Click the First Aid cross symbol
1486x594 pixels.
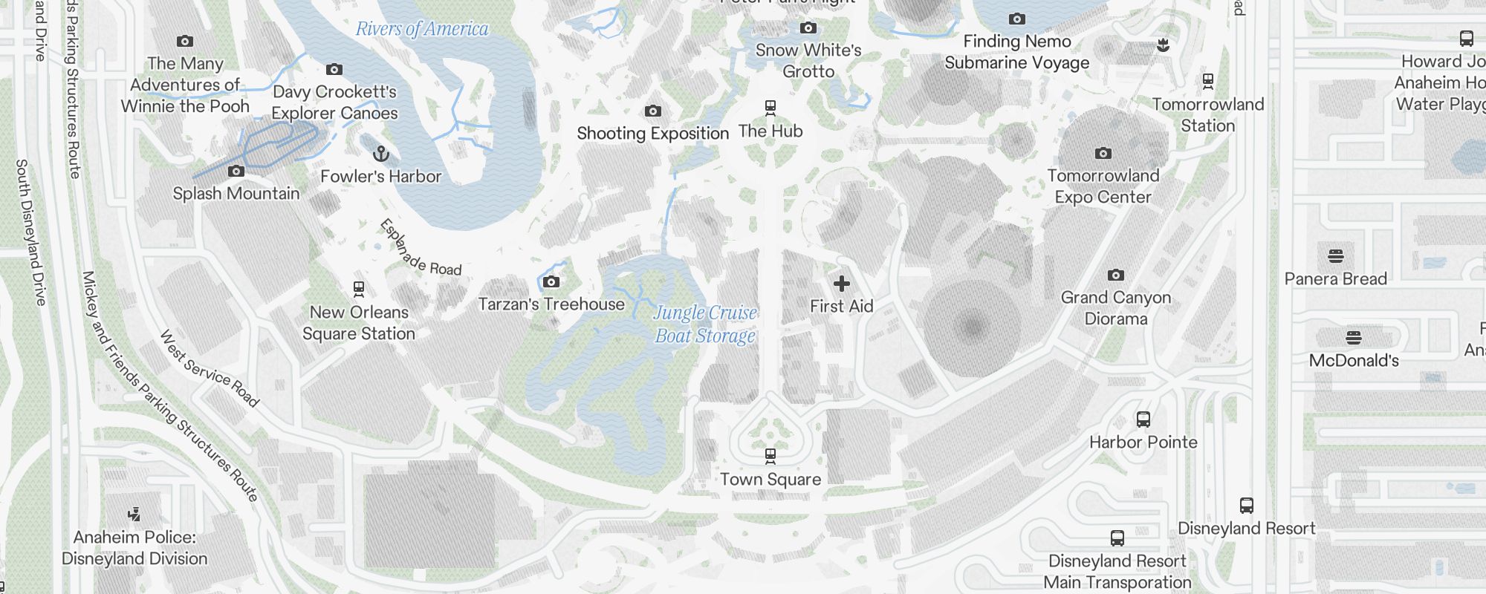click(x=841, y=284)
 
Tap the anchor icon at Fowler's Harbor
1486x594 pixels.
click(x=380, y=154)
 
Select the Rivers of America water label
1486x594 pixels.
click(x=422, y=29)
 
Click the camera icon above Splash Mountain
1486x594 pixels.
click(x=236, y=171)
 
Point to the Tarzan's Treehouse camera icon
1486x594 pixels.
click(x=551, y=281)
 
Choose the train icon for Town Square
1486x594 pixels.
click(x=770, y=455)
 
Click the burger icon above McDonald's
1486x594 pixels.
click(x=1353, y=338)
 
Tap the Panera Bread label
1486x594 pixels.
click(x=1335, y=278)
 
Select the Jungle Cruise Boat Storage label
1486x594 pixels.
click(x=704, y=324)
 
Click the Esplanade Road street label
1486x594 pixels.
click(x=421, y=248)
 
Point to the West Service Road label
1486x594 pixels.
click(x=210, y=369)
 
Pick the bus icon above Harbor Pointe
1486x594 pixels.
click(x=1143, y=420)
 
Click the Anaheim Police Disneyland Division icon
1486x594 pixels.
click(x=134, y=514)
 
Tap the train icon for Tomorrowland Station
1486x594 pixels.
click(x=1208, y=81)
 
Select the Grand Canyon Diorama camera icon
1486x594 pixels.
click(x=1115, y=275)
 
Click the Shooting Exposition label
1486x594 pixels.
click(x=652, y=134)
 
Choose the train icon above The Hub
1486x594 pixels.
click(x=770, y=108)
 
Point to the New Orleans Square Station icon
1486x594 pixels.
click(x=359, y=289)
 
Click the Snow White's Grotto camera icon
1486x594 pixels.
click(x=808, y=28)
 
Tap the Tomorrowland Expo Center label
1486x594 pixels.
click(x=1103, y=186)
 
